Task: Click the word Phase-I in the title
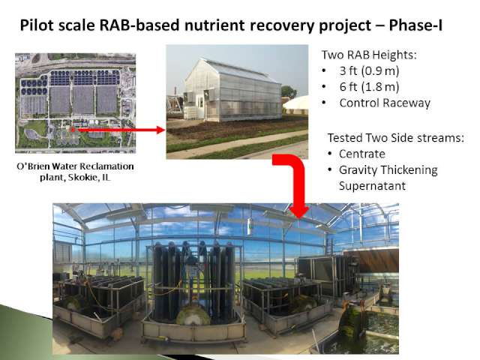point(415,25)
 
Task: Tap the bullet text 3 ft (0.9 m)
point(369,71)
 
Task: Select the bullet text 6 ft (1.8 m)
point(369,87)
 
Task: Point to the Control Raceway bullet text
point(385,103)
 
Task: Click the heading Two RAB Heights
point(369,55)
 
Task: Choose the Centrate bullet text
point(362,154)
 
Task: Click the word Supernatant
point(372,186)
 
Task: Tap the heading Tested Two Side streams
point(396,138)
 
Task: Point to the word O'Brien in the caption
point(33,166)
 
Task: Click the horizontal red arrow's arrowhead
point(160,130)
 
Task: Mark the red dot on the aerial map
point(73,130)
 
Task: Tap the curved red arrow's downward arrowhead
point(299,211)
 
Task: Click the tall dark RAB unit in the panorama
point(193,282)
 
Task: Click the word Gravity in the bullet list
point(358,170)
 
